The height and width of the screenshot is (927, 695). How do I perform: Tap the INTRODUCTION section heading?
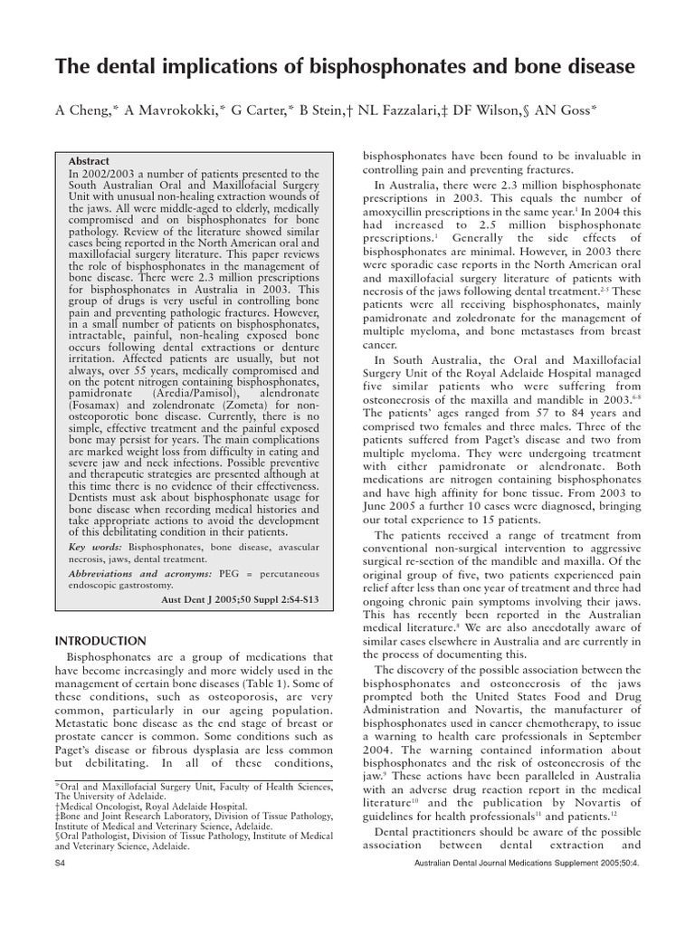[x=100, y=641]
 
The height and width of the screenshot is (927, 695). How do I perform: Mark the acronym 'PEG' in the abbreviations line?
[x=232, y=573]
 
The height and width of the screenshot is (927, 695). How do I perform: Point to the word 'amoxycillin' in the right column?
[x=399, y=213]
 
